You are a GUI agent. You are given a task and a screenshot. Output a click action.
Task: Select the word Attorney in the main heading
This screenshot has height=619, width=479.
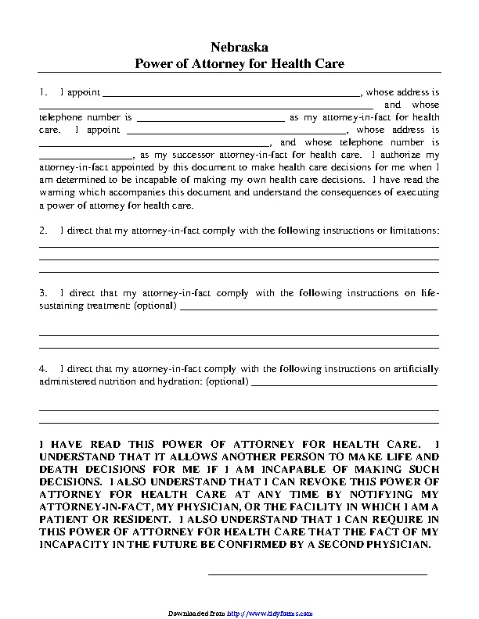pos(224,64)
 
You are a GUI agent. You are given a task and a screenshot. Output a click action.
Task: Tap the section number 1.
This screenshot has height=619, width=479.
pos(44,92)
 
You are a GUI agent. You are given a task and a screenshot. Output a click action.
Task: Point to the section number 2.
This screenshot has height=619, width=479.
pos(44,231)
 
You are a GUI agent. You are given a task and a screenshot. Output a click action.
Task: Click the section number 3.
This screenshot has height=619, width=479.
pos(44,293)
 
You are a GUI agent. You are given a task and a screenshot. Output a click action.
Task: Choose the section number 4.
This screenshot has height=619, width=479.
pos(44,368)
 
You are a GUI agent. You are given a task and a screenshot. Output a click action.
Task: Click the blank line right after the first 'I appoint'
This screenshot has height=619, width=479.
pos(231,94)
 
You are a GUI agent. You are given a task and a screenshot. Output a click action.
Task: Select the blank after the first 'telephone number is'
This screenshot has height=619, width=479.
pos(211,119)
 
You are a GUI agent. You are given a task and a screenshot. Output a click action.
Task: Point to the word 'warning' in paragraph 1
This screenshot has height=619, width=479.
pos(55,192)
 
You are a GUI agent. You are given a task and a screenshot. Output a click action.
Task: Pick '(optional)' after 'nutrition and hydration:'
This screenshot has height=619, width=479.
pos(226,381)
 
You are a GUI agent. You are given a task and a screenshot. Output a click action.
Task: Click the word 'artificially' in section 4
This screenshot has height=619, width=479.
pos(416,368)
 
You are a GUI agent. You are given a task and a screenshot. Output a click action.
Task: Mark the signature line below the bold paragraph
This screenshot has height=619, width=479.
pos(317,574)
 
